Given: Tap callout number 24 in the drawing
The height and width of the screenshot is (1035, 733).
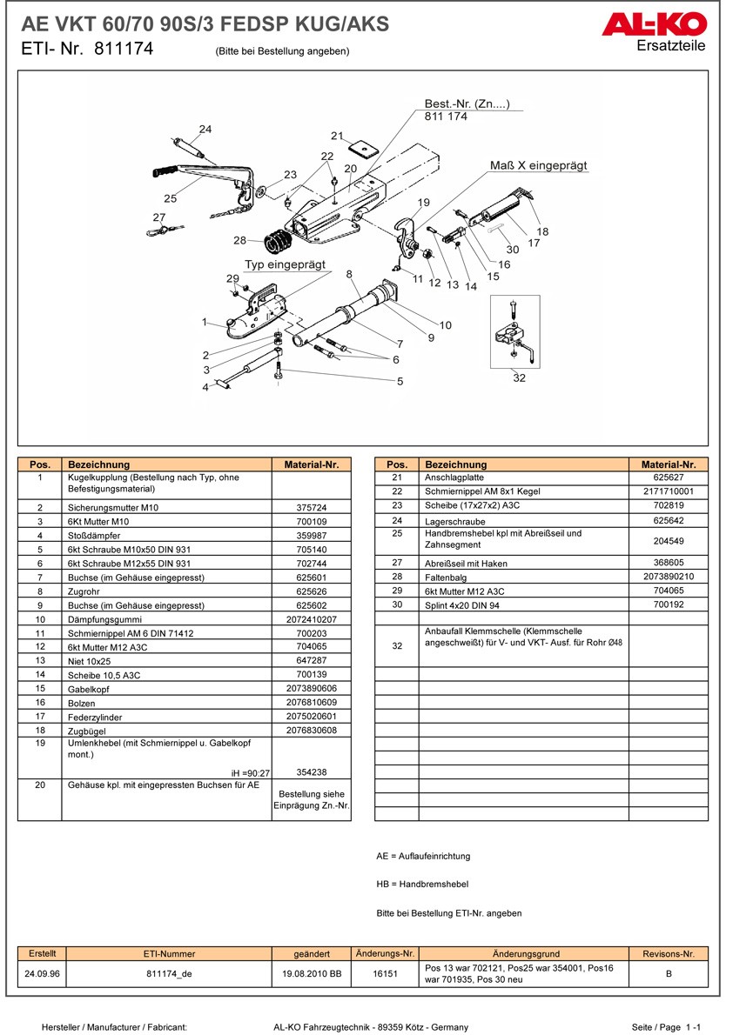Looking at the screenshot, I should pos(205,130).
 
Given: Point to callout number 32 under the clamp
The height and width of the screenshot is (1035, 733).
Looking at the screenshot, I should pos(519,377).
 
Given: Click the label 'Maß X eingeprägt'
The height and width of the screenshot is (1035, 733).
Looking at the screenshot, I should pos(538,165).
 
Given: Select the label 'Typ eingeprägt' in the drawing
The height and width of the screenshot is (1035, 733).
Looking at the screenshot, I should pos(285,264).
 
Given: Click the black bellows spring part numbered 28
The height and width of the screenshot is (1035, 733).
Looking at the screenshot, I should pos(277,237).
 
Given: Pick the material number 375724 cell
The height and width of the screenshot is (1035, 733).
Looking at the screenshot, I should pos(312,507).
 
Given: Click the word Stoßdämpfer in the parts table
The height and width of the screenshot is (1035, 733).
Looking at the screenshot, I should pos(94,536).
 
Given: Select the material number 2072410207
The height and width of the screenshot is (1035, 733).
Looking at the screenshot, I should pos(312,619).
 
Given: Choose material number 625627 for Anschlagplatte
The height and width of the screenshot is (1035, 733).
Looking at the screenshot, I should pos(669,477).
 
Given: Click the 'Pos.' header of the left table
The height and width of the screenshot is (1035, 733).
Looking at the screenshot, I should pos(40,464).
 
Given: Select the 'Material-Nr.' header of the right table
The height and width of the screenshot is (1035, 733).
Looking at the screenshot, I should pos(669,464).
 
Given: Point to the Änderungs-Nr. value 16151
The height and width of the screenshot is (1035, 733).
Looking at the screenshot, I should pos(385,974).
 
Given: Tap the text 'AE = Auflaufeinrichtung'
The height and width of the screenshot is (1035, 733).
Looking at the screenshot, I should pos(423,857).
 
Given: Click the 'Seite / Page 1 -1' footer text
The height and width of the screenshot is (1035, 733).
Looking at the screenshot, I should pos(668,1027).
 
